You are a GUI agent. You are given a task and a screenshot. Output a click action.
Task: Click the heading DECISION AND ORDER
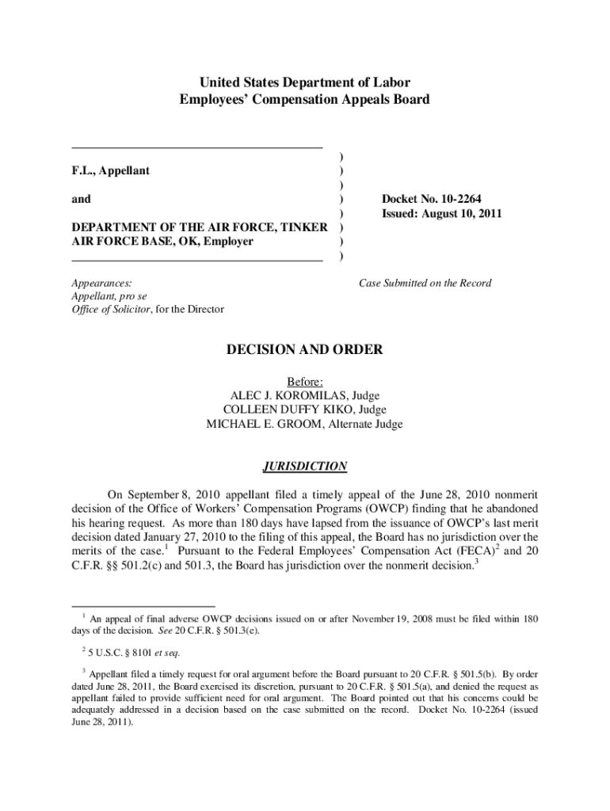click(305, 350)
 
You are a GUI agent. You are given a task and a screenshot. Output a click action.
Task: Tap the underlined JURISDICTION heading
click(305, 466)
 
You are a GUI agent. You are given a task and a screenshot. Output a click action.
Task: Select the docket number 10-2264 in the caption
click(463, 199)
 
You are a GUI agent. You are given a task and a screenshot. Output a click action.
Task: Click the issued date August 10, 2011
click(463, 214)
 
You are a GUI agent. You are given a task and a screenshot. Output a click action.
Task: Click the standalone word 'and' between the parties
click(81, 200)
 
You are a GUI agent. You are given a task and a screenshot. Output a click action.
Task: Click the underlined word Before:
click(305, 381)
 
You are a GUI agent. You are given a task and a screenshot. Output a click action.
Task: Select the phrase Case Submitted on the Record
click(425, 283)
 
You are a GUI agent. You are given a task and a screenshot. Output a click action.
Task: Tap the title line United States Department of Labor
click(305, 82)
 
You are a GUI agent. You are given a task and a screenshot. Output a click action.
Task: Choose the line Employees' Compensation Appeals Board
click(305, 100)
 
